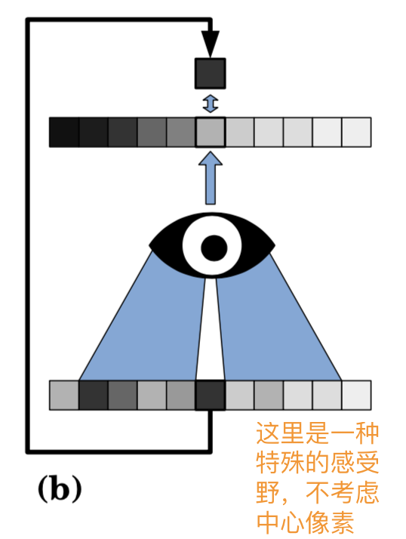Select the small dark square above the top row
[x=211, y=73]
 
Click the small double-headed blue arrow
[x=211, y=103]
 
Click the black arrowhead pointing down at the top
[x=211, y=42]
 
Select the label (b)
[x=60, y=489]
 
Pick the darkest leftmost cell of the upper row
[x=63, y=132]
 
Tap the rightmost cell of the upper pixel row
[x=356, y=132]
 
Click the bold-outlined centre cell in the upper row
[x=211, y=132]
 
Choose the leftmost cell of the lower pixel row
[x=63, y=395]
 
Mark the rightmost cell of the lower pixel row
[x=356, y=395]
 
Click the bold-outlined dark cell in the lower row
[x=211, y=395]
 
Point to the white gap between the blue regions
[x=211, y=340]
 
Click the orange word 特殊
[x=286, y=464]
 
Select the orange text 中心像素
[x=310, y=521]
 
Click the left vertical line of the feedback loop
[x=28, y=226]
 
